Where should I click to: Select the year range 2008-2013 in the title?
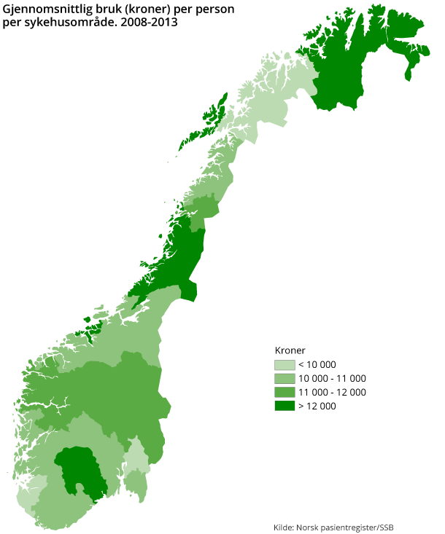(x=152, y=23)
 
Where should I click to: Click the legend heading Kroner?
(x=290, y=350)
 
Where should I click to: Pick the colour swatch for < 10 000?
(x=285, y=365)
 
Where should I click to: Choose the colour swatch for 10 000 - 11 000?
(x=285, y=379)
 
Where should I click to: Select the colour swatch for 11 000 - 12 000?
(x=285, y=393)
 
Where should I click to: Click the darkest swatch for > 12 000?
(x=285, y=407)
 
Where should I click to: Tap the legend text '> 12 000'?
(x=317, y=407)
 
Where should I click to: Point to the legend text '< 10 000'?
(x=317, y=365)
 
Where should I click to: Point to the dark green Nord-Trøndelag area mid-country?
(x=179, y=259)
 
